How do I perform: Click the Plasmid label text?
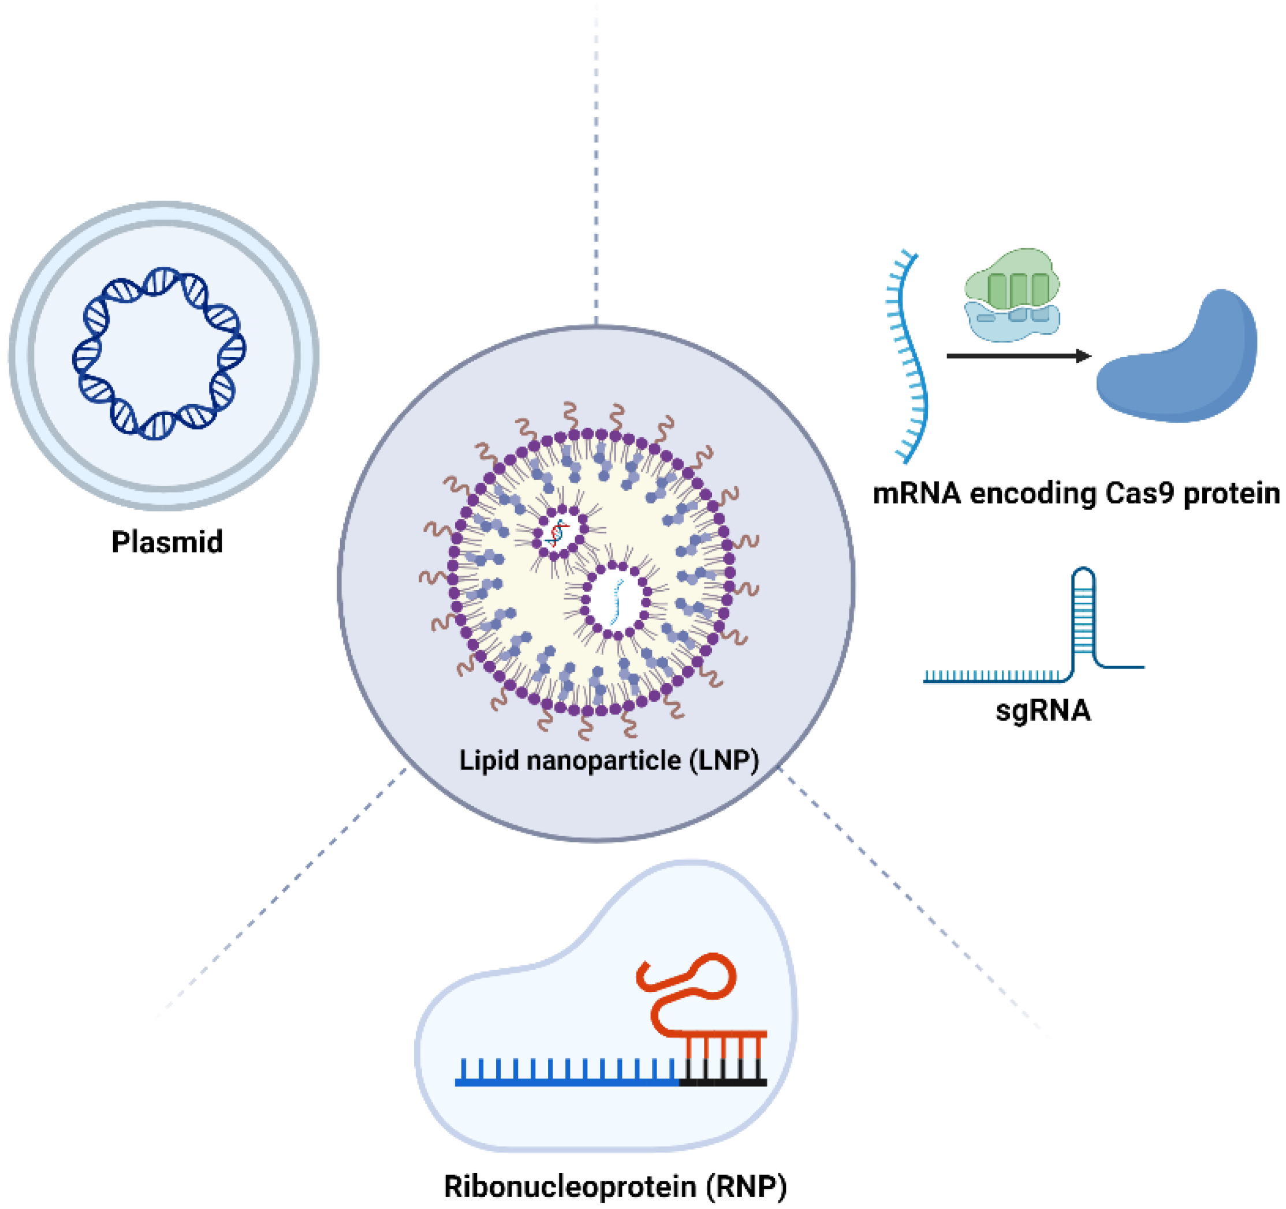coord(167,542)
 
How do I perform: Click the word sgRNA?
coord(1043,710)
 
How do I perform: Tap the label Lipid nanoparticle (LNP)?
coord(609,760)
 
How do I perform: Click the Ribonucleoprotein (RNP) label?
coord(615,1186)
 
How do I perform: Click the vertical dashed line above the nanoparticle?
coord(596,162)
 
